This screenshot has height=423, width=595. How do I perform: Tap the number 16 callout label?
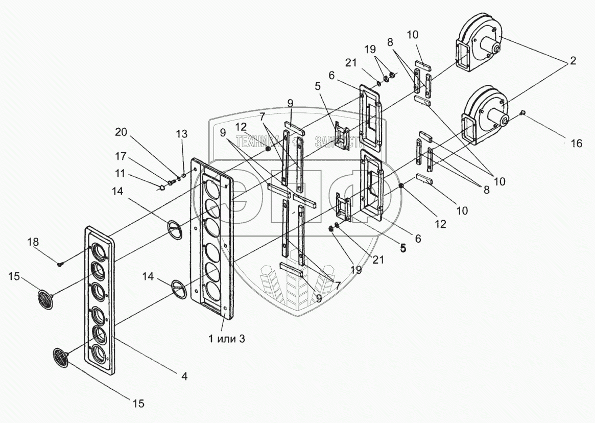576,144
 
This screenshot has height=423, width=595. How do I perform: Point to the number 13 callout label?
182,134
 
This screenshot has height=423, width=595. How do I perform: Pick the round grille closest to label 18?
45,298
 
